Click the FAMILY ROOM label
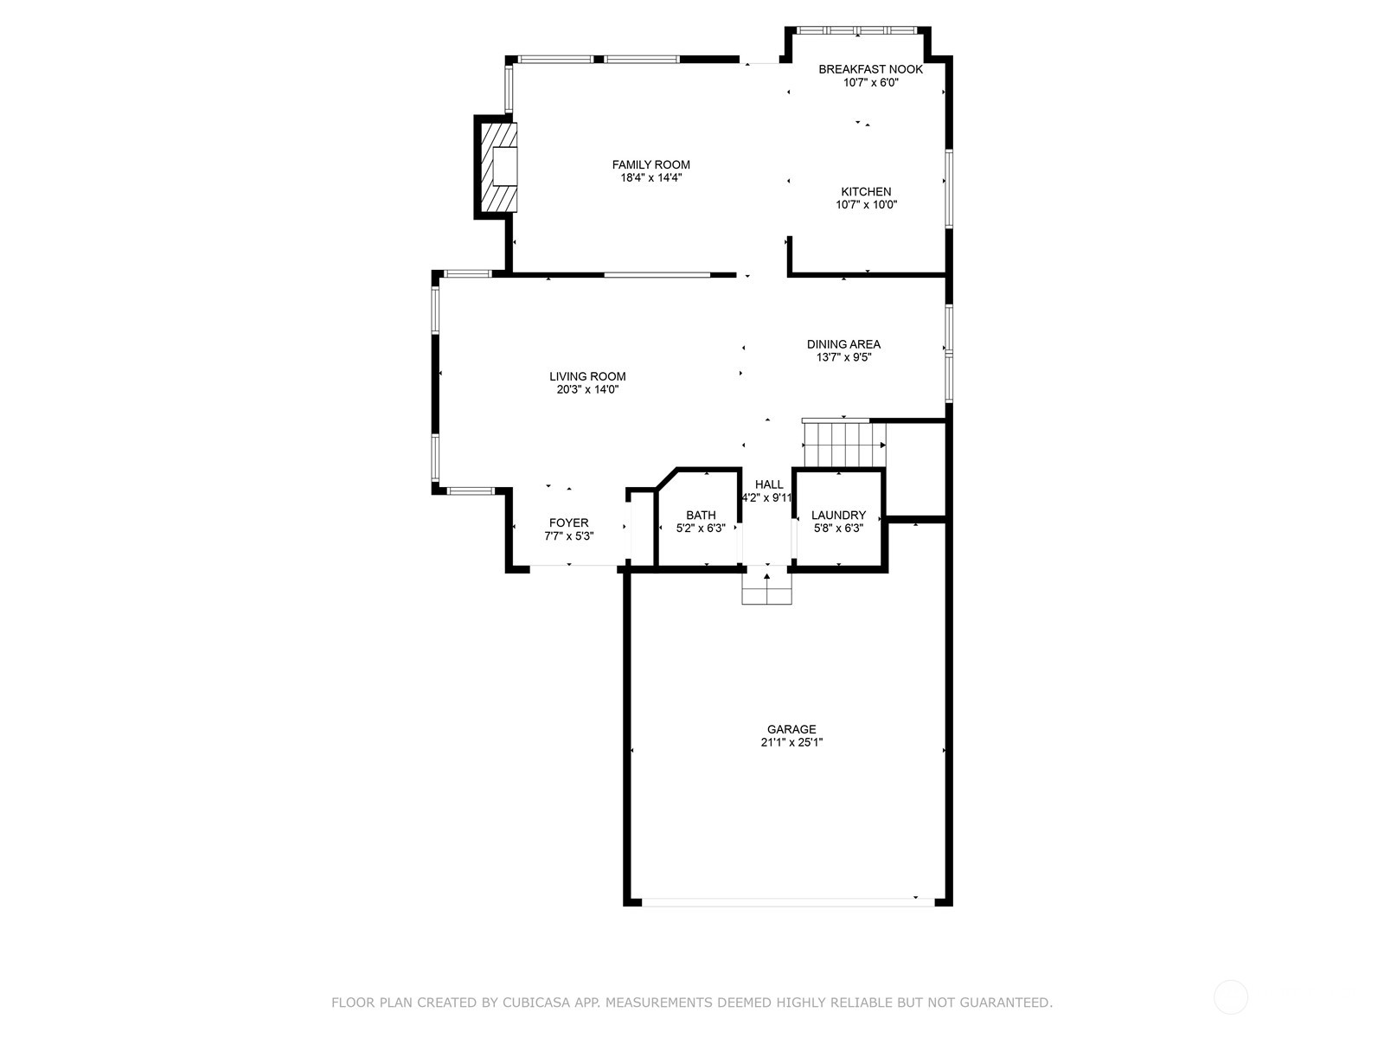(650, 165)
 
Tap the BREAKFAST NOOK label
(870, 69)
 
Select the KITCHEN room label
(866, 191)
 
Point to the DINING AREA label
(843, 344)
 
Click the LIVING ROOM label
(587, 376)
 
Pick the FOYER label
(568, 522)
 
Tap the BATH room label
(701, 515)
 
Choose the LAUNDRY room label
(838, 515)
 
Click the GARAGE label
(791, 729)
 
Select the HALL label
(769, 484)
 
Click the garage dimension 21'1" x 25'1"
(791, 742)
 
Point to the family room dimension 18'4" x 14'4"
(650, 177)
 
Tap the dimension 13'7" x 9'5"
(843, 357)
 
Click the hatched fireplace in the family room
(499, 167)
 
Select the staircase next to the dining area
(843, 444)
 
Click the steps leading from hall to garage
(766, 585)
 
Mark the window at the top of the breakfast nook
(857, 29)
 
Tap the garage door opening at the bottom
(787, 902)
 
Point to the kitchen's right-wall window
(948, 189)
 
